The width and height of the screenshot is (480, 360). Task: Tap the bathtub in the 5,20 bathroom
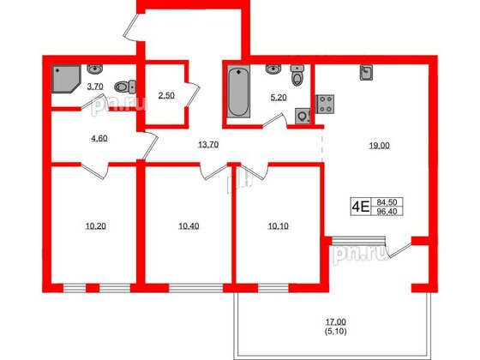click(x=237, y=93)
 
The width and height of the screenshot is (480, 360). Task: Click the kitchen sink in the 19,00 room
click(x=366, y=74)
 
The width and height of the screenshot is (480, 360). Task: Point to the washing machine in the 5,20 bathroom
click(x=302, y=115)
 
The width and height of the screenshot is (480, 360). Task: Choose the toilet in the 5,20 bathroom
click(x=297, y=77)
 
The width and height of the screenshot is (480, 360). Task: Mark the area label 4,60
click(x=77, y=135)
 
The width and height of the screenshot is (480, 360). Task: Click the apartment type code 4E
click(x=360, y=206)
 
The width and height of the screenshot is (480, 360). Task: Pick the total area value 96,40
click(x=387, y=210)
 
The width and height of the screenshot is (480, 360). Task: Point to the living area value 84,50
click(x=387, y=201)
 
